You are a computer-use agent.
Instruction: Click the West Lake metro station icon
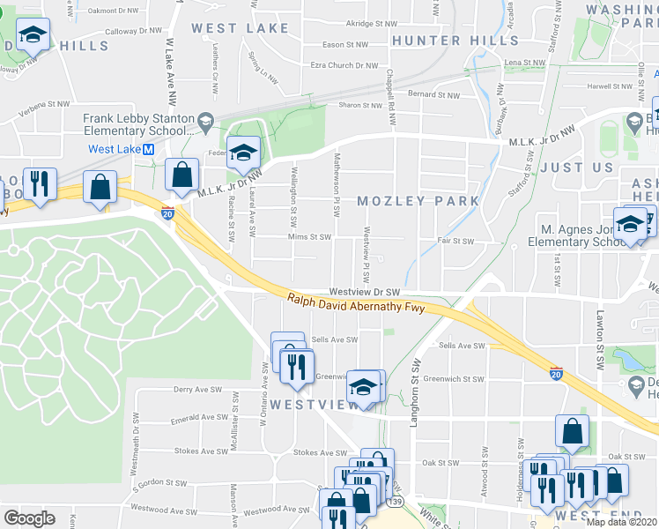tap(149, 149)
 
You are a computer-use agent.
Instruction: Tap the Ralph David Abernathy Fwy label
tap(357, 304)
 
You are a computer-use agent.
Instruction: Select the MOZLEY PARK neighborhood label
tap(418, 201)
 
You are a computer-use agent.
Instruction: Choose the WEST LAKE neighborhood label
tap(240, 28)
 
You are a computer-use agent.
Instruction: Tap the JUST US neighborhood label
tap(577, 167)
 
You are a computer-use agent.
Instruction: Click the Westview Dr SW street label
tap(365, 291)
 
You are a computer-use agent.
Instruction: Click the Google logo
tap(29, 518)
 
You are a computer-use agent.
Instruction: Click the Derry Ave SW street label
tap(196, 389)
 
